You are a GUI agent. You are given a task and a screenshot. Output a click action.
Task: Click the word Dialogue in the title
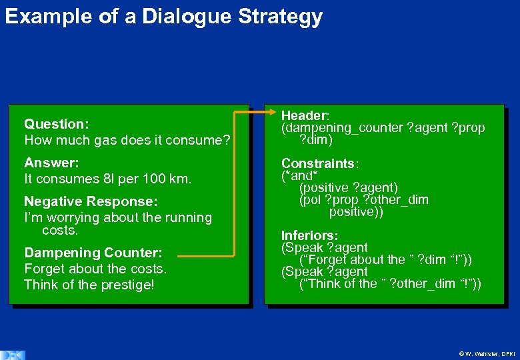click(x=170, y=17)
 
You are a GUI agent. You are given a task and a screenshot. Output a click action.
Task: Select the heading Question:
click(x=57, y=124)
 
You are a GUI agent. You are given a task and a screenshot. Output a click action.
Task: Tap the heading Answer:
click(x=51, y=163)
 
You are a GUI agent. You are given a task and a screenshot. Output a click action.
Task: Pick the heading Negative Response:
click(x=91, y=201)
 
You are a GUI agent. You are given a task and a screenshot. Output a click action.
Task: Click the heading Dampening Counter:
click(x=93, y=253)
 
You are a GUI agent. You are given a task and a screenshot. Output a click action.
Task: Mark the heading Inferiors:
click(x=309, y=235)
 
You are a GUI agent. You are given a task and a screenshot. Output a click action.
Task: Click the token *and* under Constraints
click(x=299, y=175)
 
